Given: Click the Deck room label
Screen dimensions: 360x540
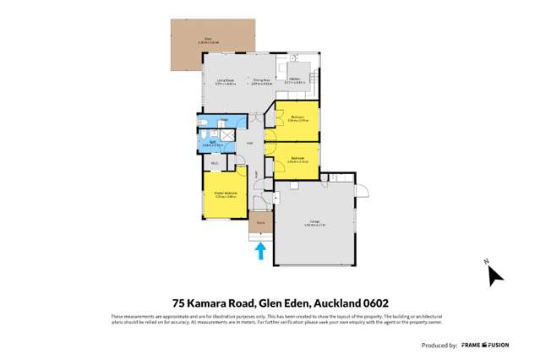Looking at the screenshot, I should pos(209,39).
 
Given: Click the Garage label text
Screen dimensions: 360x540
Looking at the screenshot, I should pos(314,224).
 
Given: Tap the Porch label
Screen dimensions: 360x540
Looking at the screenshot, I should pos(260,223).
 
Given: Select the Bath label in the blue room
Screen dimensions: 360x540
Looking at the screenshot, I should pos(215,144).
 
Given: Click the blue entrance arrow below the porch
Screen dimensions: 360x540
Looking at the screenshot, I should pos(261,250).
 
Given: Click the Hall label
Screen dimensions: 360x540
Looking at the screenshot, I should pos(249,144).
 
